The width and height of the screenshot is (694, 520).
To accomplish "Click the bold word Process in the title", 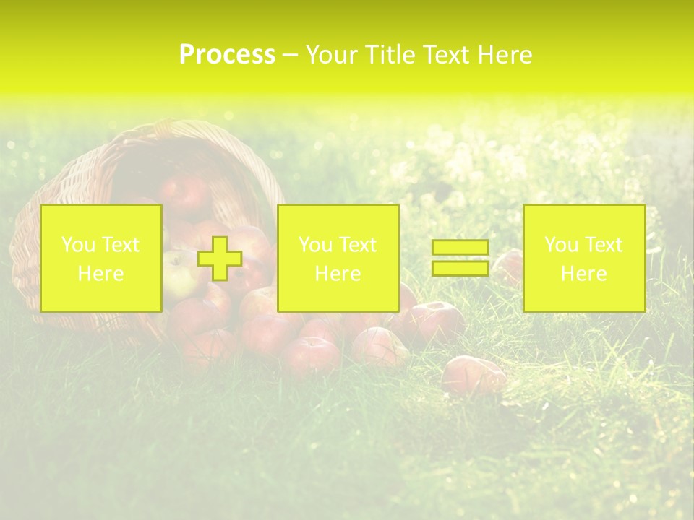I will (x=227, y=55).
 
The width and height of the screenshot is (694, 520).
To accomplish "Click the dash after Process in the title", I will (x=290, y=56).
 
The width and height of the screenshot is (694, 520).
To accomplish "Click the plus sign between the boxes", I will (x=220, y=259).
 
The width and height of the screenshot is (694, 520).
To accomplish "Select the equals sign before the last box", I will (x=460, y=258).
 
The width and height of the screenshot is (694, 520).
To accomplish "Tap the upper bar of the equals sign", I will (x=460, y=248).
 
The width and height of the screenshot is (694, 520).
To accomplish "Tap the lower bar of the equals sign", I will (x=460, y=268).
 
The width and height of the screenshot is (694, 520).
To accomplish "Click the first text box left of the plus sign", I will (x=101, y=258).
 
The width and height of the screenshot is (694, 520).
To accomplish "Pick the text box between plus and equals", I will (x=338, y=258).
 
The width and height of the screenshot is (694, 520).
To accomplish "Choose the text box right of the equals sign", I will (x=583, y=258).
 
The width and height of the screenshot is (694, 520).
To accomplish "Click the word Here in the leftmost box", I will (x=100, y=274).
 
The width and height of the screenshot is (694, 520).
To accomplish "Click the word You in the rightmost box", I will (x=561, y=245).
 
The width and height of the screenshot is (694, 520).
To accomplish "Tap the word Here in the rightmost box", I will (x=583, y=274).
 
